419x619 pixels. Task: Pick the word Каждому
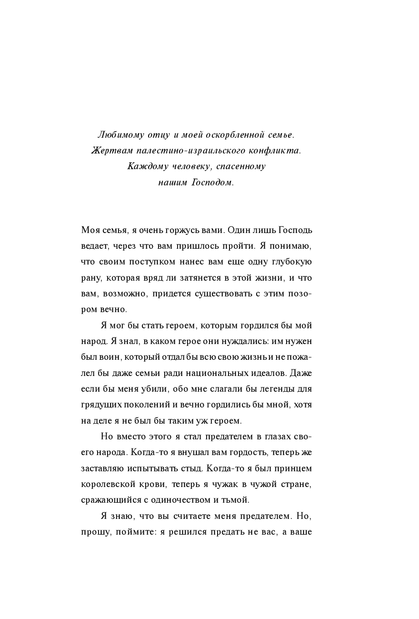point(147,167)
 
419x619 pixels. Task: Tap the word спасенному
point(239,167)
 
